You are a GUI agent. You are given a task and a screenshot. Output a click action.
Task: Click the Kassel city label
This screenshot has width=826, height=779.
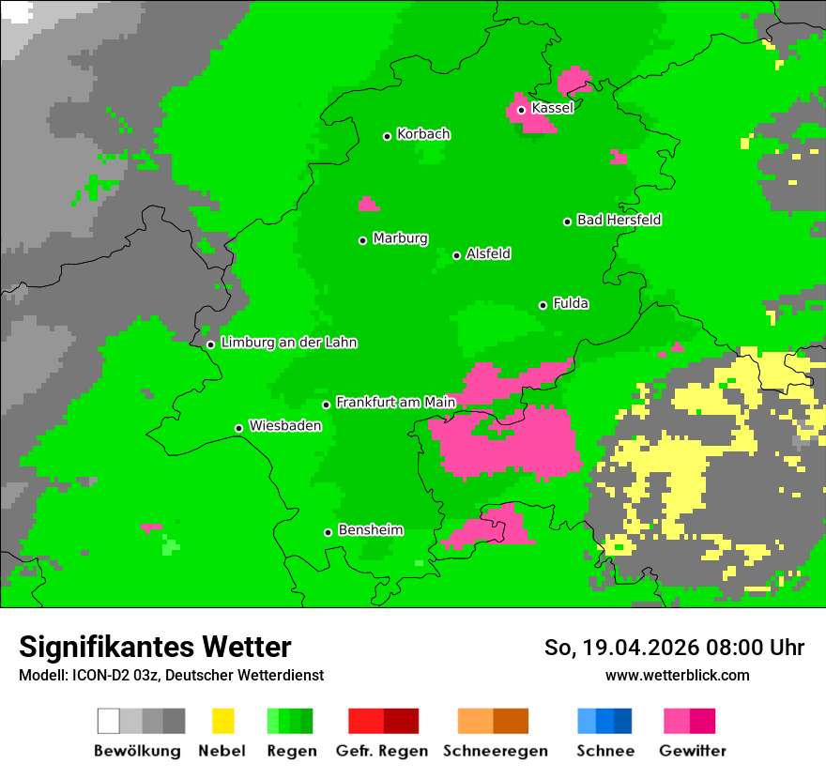[552, 108]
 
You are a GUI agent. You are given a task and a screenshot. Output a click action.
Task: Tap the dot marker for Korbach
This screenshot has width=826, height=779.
[387, 136]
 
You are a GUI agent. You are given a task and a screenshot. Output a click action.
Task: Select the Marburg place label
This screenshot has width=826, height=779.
[400, 238]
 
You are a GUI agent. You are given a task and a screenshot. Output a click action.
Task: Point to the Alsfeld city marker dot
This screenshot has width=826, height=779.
[456, 255]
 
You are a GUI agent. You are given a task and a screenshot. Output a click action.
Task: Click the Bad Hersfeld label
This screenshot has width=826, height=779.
[619, 220]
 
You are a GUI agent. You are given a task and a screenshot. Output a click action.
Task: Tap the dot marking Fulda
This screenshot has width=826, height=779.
[543, 305]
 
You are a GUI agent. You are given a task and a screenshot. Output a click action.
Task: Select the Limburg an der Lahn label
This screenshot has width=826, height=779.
[288, 343]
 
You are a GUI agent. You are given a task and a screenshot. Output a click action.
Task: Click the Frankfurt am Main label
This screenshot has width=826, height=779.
[395, 402]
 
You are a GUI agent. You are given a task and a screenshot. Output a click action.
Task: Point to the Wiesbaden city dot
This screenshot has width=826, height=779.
[238, 429]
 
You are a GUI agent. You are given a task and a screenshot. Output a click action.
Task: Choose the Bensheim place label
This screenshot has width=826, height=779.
[370, 530]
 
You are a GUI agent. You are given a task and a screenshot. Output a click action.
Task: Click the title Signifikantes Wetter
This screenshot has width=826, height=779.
[155, 647]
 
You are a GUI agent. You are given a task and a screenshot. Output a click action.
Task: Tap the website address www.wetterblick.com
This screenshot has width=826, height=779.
[677, 675]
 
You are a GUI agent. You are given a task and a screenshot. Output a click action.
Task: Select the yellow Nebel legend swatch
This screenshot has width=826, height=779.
[222, 721]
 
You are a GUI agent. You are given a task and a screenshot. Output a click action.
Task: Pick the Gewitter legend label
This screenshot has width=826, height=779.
[692, 751]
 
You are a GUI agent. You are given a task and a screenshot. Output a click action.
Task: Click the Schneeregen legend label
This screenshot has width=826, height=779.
[495, 751]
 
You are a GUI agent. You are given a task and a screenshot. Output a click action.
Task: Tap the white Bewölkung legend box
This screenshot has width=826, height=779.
[109, 721]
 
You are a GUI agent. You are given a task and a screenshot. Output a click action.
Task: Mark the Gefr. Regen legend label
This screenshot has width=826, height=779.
[382, 751]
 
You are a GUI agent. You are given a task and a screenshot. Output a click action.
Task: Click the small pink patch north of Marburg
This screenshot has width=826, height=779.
[369, 205]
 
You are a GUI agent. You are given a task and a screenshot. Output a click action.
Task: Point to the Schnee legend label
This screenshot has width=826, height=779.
[604, 751]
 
